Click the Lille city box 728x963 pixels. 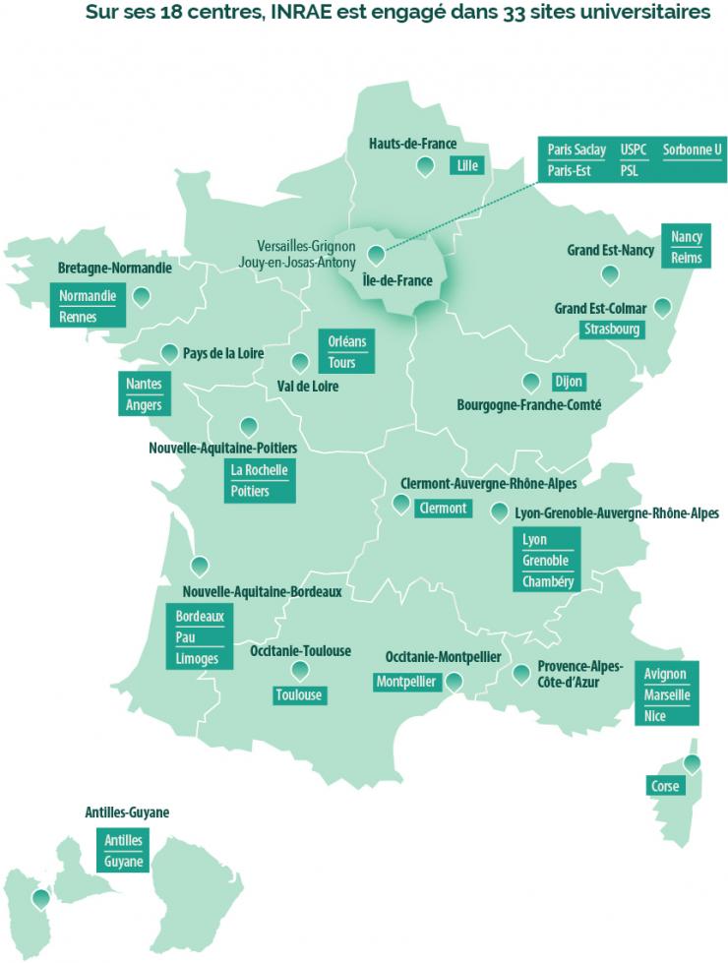click(466, 166)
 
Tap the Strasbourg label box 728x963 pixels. click(611, 329)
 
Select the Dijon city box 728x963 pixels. click(568, 382)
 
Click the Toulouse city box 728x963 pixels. click(298, 695)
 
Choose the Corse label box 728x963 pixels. click(664, 786)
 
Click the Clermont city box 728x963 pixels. click(442, 509)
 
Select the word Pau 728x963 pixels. click(185, 637)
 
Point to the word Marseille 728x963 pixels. click(667, 695)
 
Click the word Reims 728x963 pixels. click(686, 258)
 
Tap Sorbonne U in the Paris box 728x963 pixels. click(692, 150)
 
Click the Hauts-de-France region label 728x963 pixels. click(412, 144)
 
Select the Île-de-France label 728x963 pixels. click(397, 280)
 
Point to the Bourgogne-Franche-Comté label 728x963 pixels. click(528, 405)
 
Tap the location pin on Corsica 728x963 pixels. click(693, 763)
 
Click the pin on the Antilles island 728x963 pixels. click(40, 898)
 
